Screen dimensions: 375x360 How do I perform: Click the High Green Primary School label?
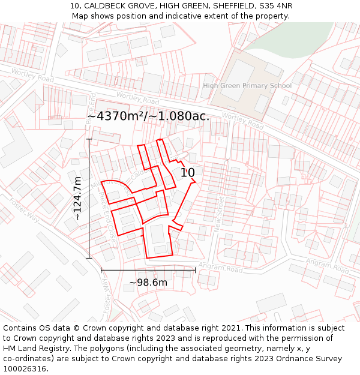pyautogui.click(x=247, y=86)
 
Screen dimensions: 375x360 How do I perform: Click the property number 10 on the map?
pyautogui.click(x=188, y=173)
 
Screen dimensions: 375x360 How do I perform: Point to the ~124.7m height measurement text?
pyautogui.click(x=77, y=199)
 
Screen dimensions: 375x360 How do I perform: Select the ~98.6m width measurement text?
pyautogui.click(x=148, y=283)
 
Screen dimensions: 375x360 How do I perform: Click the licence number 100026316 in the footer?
pyautogui.click(x=25, y=369)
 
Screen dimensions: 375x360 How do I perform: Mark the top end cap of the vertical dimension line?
pyautogui.click(x=89, y=139)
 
